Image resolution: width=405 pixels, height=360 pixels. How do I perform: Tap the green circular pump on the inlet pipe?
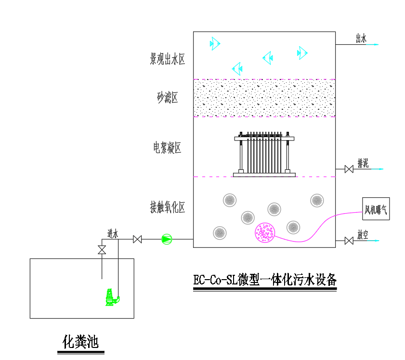tap(166, 239)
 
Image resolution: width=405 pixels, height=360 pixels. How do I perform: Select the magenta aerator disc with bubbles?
tap(265, 232)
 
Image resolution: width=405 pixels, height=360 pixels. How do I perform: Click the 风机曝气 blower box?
tap(376, 209)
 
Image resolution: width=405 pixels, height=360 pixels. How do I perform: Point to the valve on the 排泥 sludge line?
tap(349, 169)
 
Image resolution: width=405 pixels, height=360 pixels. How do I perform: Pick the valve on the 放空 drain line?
tap(349, 240)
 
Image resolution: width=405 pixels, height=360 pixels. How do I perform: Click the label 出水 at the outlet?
tap(361, 39)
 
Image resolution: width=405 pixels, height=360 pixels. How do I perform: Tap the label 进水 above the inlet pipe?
tap(113, 233)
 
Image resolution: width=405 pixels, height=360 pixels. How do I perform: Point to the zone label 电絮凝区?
tap(167, 148)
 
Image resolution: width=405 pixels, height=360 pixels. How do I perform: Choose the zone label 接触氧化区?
tap(168, 207)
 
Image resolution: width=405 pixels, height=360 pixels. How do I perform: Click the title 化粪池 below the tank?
tap(80, 342)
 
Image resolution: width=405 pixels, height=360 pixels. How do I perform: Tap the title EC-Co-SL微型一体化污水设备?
tap(265, 280)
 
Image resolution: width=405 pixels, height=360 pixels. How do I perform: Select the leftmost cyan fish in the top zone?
tap(215, 44)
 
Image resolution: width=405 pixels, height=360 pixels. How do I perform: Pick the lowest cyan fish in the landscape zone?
tap(236, 68)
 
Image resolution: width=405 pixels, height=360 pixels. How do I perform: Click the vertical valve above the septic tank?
tap(102, 250)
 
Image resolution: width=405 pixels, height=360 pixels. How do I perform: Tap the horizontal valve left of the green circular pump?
tap(137, 239)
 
